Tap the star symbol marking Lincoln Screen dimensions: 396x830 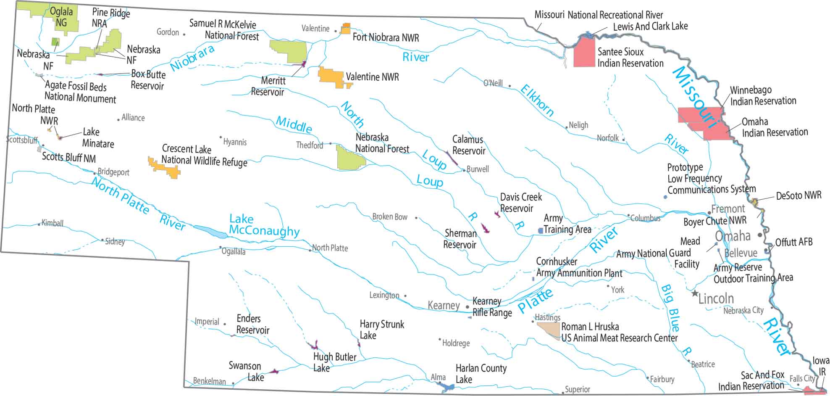[x=695, y=293]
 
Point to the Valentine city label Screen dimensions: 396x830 [x=315, y=29]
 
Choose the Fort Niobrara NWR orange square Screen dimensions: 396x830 [x=346, y=29]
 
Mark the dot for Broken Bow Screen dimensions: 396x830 [x=416, y=218]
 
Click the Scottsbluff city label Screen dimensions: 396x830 [x=22, y=140]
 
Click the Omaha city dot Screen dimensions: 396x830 [x=760, y=235]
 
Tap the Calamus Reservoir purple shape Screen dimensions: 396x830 [x=452, y=158]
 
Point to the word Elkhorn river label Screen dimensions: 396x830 [x=537, y=100]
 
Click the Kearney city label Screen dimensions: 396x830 [x=443, y=306]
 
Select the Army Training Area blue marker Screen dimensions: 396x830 [x=540, y=231]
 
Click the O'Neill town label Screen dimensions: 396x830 [x=493, y=83]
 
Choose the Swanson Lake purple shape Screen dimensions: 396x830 [x=274, y=372]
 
